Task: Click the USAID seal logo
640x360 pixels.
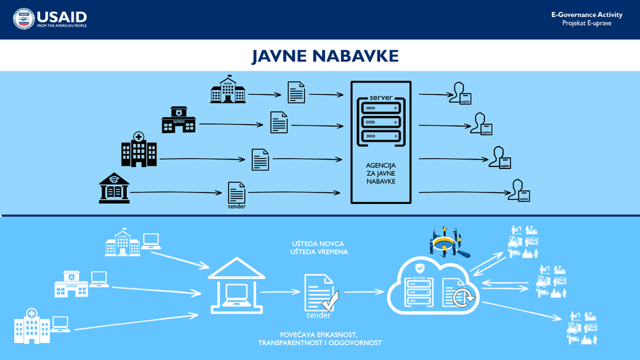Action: coord(24,19)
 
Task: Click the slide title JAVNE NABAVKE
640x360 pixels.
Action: coord(325,56)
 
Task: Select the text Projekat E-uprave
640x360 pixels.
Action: coord(587,23)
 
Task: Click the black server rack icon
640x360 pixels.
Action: coord(381,119)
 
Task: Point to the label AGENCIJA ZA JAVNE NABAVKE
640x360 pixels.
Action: coord(381,175)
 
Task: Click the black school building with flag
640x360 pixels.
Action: coord(228,90)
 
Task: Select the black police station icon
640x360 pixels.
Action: coord(179,120)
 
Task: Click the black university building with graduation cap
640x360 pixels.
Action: coord(114,187)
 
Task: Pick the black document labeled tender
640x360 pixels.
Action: coord(236,194)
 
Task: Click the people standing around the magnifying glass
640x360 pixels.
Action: coord(448,243)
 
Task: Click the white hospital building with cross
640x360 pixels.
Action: coord(33,325)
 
